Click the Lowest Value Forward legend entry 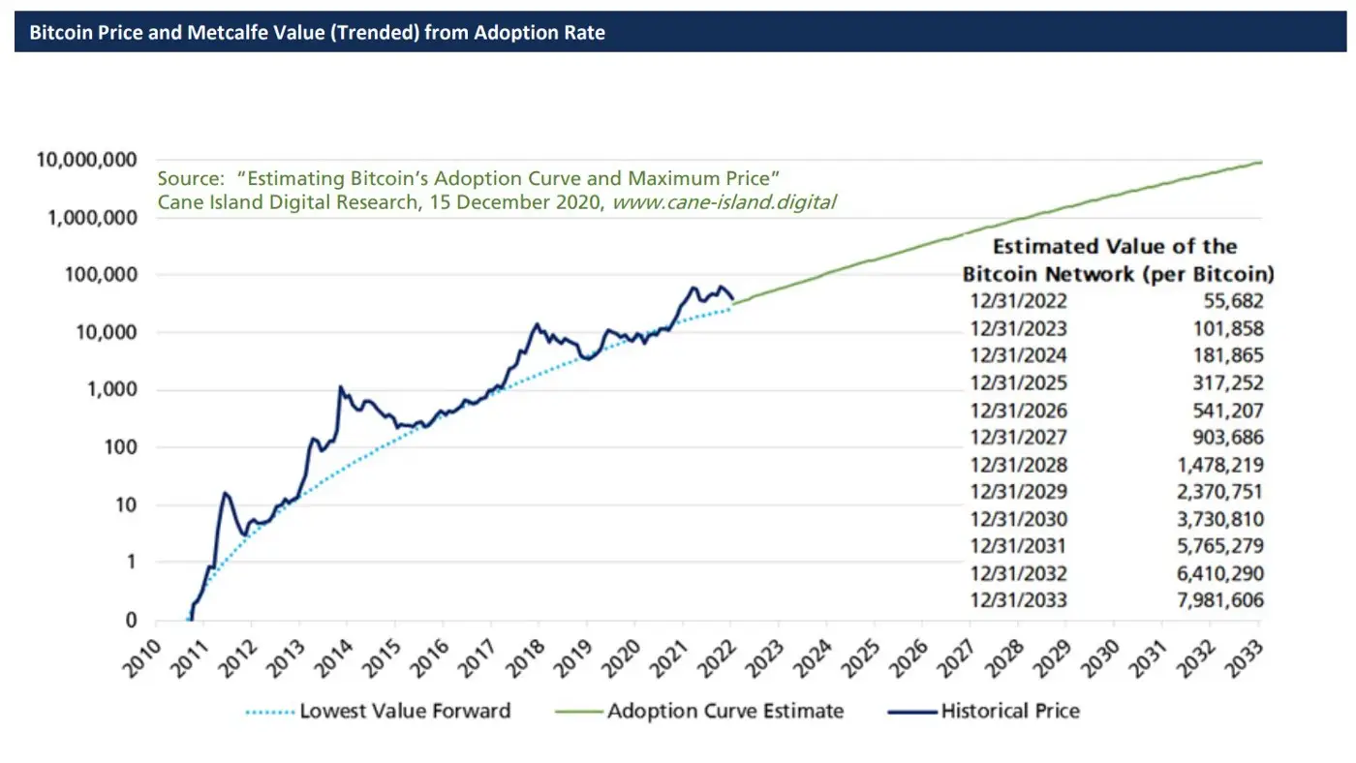(405, 712)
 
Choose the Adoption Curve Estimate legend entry (725, 712)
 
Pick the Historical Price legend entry (1010, 712)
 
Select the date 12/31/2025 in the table (1018, 382)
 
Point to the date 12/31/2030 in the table (1018, 519)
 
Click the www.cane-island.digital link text (724, 202)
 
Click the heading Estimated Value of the (1115, 247)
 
